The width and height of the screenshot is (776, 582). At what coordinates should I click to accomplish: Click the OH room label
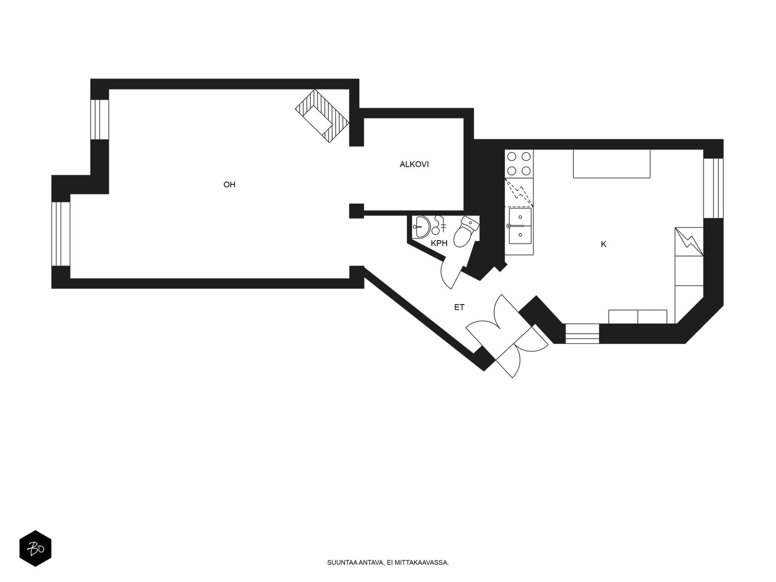pyautogui.click(x=229, y=184)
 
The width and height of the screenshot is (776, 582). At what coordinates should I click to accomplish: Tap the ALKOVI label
pyautogui.click(x=414, y=164)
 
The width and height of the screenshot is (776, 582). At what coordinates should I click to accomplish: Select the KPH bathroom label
pyautogui.click(x=439, y=243)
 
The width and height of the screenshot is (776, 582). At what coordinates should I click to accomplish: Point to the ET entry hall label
pyautogui.click(x=459, y=307)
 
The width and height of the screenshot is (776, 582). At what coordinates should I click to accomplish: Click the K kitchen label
pyautogui.click(x=603, y=244)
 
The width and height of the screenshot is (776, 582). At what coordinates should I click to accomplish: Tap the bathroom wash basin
pyautogui.click(x=422, y=226)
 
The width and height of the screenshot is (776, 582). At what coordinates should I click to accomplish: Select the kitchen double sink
pyautogui.click(x=520, y=226)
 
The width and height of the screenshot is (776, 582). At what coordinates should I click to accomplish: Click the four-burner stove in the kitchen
pyautogui.click(x=518, y=163)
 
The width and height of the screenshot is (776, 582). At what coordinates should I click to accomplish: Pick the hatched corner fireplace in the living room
pyautogui.click(x=322, y=116)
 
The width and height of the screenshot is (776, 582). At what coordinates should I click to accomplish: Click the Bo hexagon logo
pyautogui.click(x=35, y=548)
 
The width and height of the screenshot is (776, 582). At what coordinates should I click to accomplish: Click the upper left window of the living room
pyautogui.click(x=99, y=119)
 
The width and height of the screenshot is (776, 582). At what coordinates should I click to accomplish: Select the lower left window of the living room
pyautogui.click(x=61, y=234)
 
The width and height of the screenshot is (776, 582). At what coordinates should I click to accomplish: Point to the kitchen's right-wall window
pyautogui.click(x=713, y=188)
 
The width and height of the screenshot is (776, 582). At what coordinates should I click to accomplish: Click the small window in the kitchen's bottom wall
pyautogui.click(x=582, y=334)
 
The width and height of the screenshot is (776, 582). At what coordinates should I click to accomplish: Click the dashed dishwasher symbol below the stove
pyautogui.click(x=518, y=192)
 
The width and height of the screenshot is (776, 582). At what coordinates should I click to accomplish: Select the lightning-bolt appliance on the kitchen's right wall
pyautogui.click(x=689, y=242)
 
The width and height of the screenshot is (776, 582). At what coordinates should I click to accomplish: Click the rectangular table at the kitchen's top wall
pyautogui.click(x=611, y=163)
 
